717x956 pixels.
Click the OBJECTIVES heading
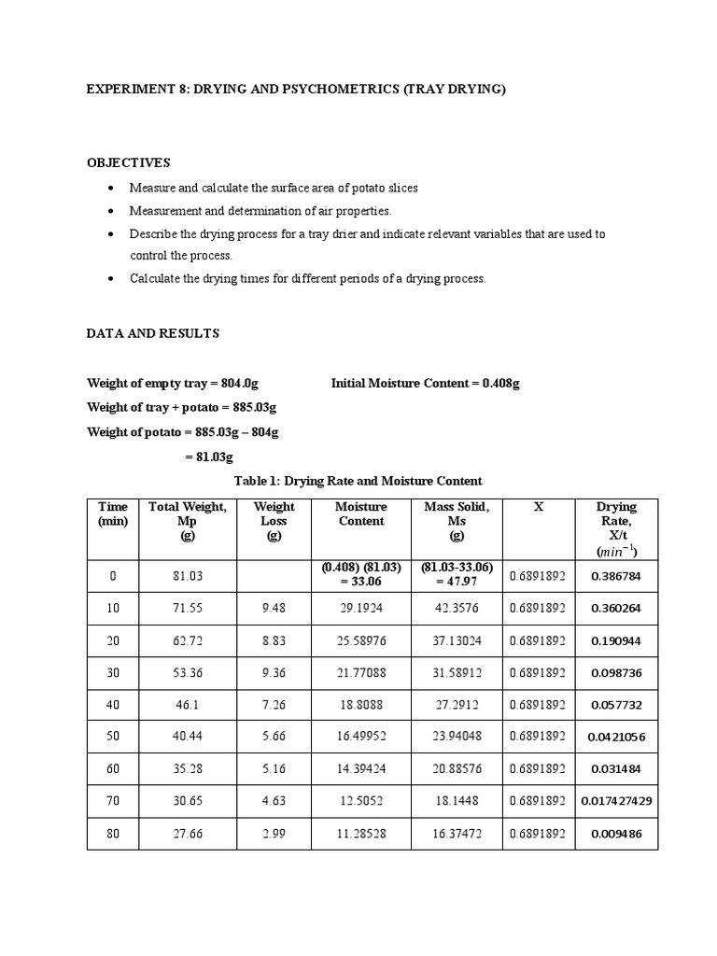coord(129,162)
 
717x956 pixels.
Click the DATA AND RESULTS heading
coord(153,332)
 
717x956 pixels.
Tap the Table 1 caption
coord(358,481)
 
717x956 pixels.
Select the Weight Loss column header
coord(274,521)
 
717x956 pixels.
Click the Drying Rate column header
coord(616,528)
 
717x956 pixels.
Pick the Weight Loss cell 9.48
coord(274,608)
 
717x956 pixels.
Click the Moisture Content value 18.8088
coord(360,705)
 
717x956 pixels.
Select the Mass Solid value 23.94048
coord(457,737)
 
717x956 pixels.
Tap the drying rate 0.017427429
coord(616,801)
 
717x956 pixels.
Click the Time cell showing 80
coord(113,833)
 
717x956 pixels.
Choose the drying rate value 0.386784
coord(616,576)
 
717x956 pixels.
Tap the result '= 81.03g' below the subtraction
coord(206,457)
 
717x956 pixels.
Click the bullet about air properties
coord(260,211)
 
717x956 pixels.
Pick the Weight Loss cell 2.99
coord(274,833)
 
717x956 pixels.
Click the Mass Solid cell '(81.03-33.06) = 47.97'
coord(457,575)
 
